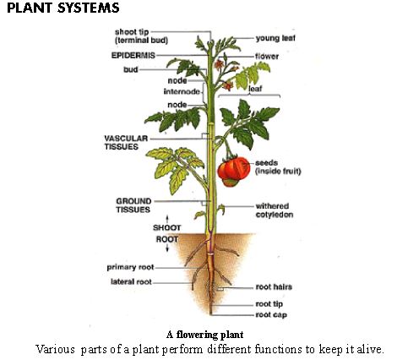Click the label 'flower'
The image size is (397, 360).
(x=268, y=56)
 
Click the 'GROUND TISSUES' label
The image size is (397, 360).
(x=133, y=205)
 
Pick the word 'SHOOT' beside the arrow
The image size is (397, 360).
(x=166, y=227)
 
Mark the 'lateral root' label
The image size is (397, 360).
(x=132, y=281)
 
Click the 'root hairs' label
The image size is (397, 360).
(x=274, y=286)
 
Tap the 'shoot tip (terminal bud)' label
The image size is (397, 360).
(x=139, y=36)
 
